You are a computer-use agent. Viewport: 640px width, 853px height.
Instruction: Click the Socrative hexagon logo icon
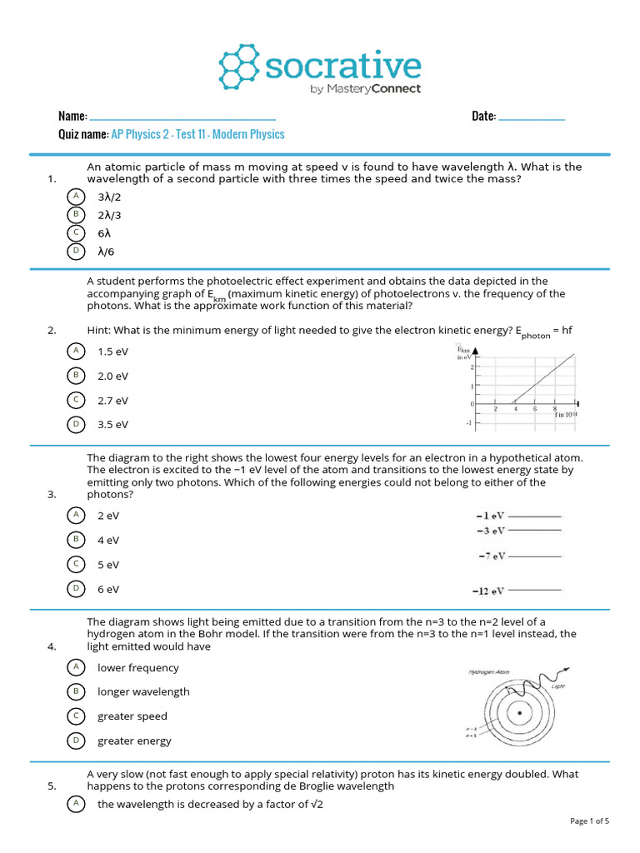(x=239, y=67)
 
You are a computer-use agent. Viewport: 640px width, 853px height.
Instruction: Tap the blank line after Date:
(x=531, y=117)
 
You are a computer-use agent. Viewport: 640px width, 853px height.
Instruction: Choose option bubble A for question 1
(x=76, y=196)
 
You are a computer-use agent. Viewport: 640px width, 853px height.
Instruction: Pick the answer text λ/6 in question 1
(x=106, y=251)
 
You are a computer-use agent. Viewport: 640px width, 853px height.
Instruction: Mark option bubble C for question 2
(x=76, y=400)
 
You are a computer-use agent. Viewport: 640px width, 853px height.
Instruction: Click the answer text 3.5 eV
(x=112, y=425)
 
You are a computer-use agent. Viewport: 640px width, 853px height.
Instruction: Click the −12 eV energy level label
(x=489, y=591)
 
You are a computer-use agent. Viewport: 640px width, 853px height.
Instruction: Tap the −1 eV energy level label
(x=490, y=516)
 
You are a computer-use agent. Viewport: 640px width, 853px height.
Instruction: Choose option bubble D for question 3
(x=76, y=588)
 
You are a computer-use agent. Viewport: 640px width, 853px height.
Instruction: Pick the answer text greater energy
(x=134, y=741)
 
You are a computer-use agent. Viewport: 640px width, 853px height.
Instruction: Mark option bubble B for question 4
(x=76, y=691)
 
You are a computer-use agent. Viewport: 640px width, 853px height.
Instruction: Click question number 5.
(x=52, y=786)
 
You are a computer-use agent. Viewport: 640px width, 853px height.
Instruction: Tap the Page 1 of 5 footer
(x=589, y=821)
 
